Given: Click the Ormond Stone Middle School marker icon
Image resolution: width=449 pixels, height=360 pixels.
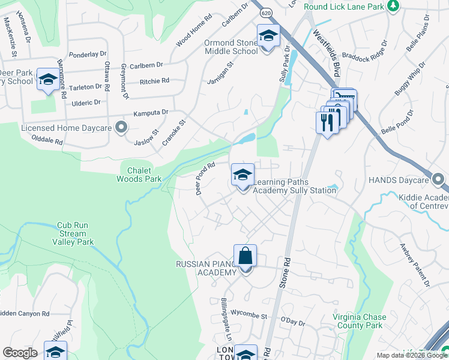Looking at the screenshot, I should click(268, 35).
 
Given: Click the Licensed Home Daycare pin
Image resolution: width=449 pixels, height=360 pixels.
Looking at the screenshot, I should click(121, 127).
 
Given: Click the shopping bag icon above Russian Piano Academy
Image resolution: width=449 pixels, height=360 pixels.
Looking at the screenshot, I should click(245, 256).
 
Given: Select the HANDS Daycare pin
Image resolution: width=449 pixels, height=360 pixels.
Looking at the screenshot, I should click(438, 179).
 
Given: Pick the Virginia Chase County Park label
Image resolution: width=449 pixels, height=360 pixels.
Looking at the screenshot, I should click(358, 321).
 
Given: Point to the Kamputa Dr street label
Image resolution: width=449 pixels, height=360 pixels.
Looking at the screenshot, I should click(151, 112).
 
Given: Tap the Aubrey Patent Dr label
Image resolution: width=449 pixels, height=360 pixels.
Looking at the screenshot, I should click(418, 265).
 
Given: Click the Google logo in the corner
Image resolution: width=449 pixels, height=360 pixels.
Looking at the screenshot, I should click(20, 353).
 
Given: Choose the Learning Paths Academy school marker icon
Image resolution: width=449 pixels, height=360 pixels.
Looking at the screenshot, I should click(243, 175).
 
